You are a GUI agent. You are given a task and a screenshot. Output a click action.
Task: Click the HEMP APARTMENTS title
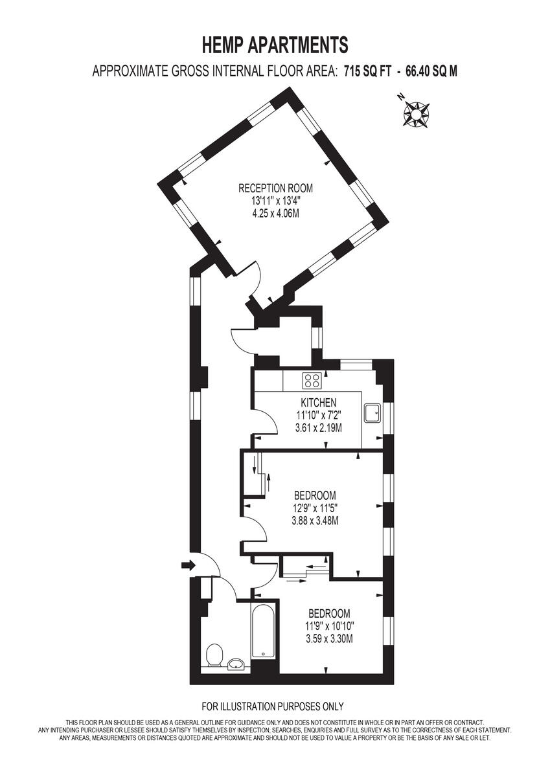pos(275,45)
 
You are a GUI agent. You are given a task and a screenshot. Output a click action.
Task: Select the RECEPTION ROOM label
pos(275,188)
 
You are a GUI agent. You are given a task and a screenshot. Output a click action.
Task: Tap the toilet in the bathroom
pos(212,656)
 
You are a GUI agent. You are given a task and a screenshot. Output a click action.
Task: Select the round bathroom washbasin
pos(236,664)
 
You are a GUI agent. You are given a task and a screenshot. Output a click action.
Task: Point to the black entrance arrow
pos(188,565)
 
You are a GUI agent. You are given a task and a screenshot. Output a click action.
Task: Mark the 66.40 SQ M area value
pos(431,72)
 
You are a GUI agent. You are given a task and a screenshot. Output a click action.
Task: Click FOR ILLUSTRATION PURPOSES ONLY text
pos(273,706)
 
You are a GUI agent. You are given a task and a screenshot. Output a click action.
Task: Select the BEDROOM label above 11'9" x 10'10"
pos(329,613)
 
